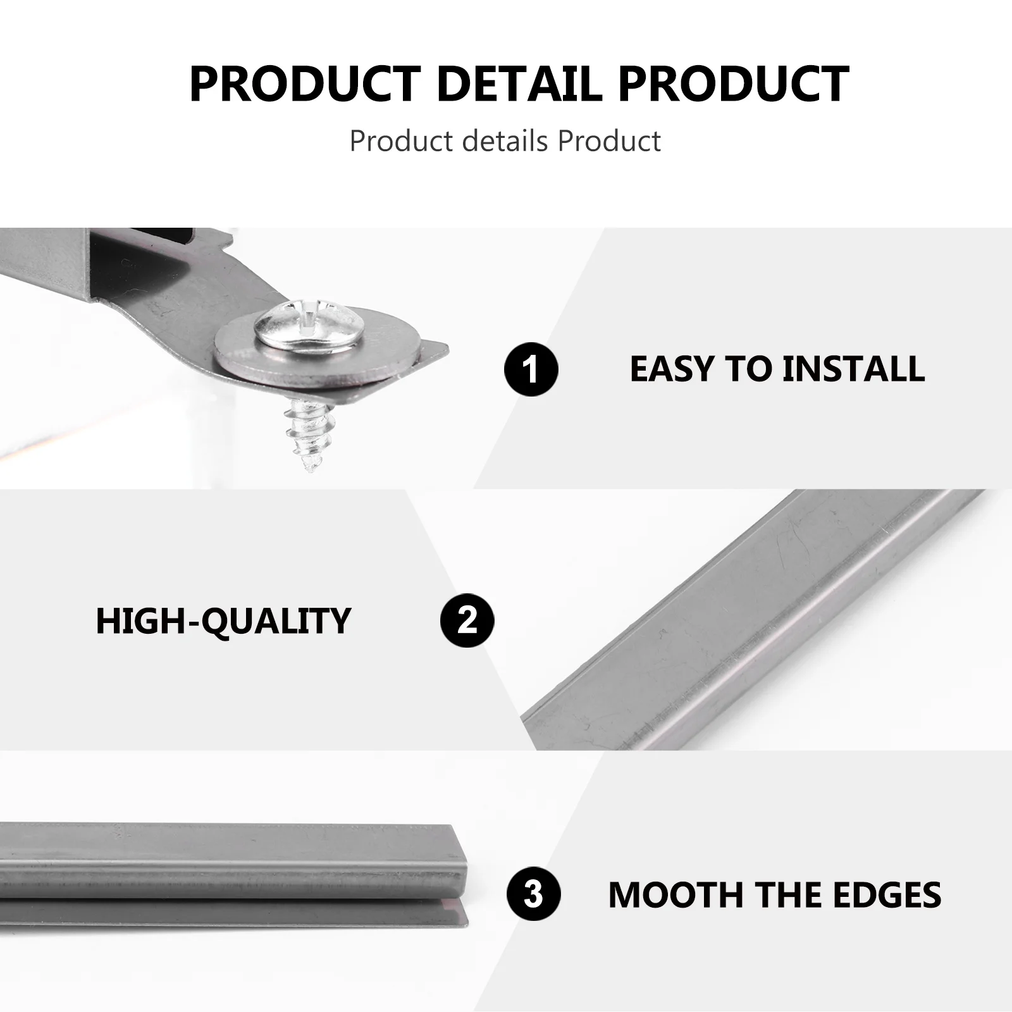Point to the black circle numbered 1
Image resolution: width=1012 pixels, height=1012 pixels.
tap(531, 369)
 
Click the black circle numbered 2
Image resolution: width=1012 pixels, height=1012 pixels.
tap(467, 620)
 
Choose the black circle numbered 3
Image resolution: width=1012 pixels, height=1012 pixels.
tap(534, 894)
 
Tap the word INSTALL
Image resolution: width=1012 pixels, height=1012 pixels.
tap(853, 369)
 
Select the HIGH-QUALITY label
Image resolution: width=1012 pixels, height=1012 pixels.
tap(223, 620)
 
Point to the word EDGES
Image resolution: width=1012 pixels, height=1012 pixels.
tap(886, 894)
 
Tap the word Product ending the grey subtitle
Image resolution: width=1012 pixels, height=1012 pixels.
tap(609, 141)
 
